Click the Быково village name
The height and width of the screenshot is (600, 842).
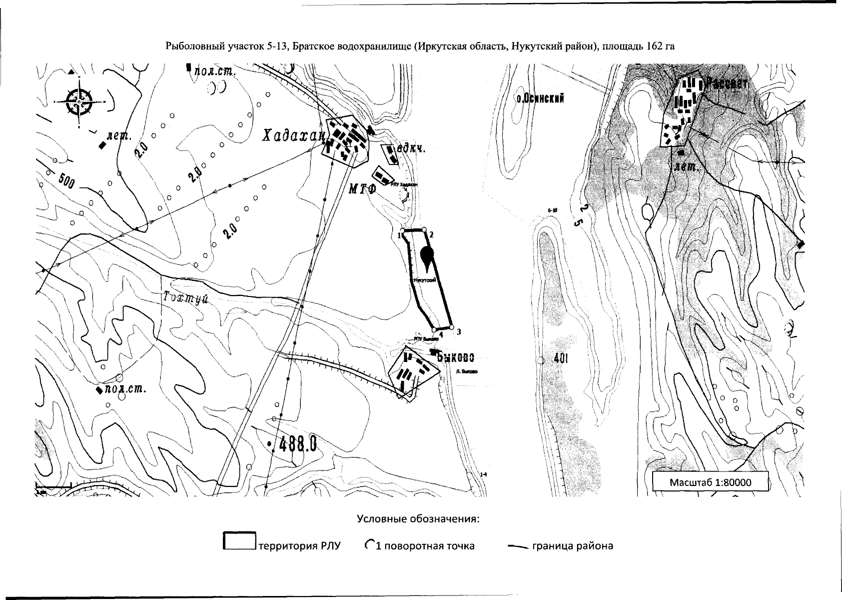point(455,357)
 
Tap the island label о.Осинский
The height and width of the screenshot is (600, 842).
point(541,98)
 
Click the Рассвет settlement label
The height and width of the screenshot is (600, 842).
point(727,83)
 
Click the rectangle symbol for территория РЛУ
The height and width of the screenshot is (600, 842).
point(239,541)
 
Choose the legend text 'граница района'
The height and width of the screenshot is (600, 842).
point(572,545)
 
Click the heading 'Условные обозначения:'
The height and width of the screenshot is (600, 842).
point(418,518)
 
